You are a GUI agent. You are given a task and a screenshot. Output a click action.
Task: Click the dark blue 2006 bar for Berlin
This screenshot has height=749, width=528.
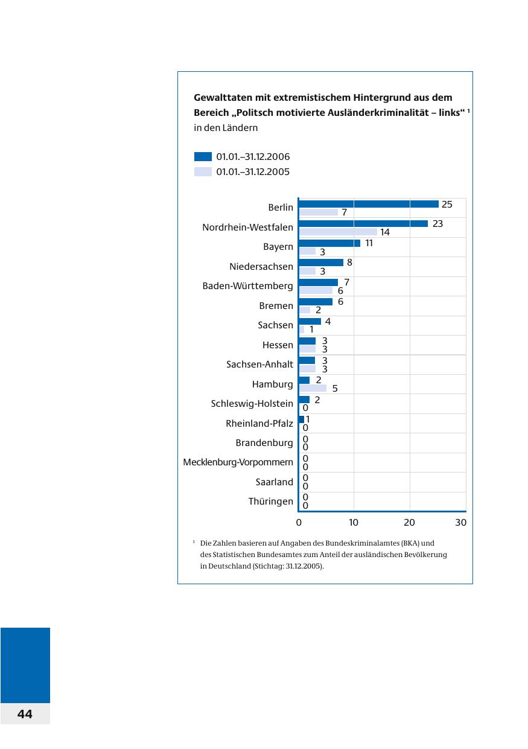click(x=368, y=204)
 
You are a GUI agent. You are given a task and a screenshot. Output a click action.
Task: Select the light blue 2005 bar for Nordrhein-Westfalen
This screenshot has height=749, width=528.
click(x=338, y=232)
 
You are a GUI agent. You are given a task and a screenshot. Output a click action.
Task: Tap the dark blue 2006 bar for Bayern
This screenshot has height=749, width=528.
click(x=329, y=243)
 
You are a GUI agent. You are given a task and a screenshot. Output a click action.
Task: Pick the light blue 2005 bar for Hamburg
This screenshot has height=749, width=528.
click(x=313, y=388)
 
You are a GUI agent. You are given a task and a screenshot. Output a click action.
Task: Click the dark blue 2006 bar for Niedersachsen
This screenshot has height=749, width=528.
click(x=321, y=263)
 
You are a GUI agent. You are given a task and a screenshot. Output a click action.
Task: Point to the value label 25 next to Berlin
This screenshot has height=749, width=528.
click(x=447, y=205)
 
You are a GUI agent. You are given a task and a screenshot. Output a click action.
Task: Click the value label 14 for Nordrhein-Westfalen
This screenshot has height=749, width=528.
click(x=385, y=232)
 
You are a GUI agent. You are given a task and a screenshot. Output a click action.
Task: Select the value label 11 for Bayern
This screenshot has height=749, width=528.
click(x=369, y=243)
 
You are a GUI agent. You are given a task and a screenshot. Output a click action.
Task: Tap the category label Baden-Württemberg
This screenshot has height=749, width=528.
click(x=247, y=286)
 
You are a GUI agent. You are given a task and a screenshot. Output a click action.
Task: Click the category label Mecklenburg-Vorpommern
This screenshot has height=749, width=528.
click(x=238, y=462)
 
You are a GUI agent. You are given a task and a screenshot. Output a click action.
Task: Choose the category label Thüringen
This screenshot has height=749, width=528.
click(x=271, y=502)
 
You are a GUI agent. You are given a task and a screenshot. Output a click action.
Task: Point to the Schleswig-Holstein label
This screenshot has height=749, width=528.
click(x=252, y=404)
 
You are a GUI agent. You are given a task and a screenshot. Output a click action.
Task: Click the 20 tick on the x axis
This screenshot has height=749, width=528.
click(x=409, y=523)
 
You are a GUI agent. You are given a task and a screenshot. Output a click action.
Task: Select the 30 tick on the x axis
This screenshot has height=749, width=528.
click(x=461, y=523)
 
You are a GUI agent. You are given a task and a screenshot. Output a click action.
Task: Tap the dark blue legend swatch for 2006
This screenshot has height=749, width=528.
click(x=203, y=156)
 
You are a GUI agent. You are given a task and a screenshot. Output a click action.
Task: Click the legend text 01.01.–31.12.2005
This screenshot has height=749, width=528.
click(x=253, y=172)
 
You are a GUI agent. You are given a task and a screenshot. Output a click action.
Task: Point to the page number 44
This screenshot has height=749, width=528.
click(x=25, y=714)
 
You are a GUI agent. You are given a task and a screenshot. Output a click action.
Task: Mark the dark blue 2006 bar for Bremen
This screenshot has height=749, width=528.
click(x=316, y=302)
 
